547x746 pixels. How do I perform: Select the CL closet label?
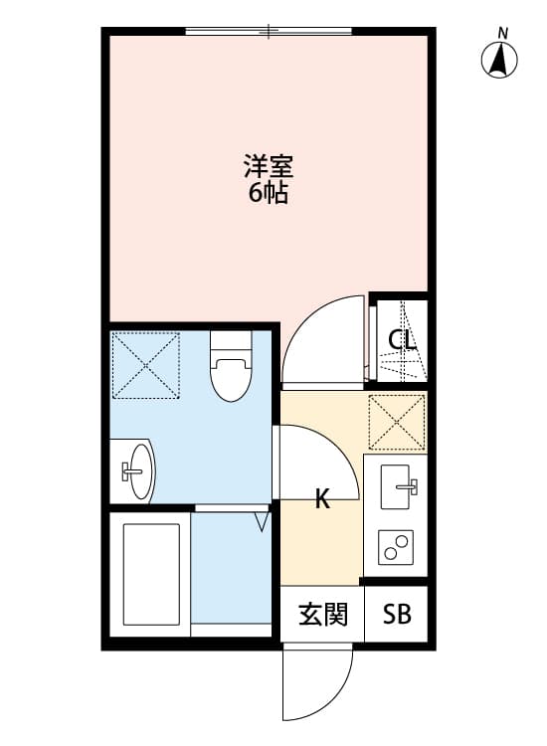point(402,340)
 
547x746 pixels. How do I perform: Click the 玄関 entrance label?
point(323,615)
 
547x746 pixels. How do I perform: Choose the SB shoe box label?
point(397,615)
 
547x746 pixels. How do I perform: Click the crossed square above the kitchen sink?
point(397,423)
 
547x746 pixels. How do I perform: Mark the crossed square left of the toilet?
point(145,365)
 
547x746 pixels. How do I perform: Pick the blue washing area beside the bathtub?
point(231,571)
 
